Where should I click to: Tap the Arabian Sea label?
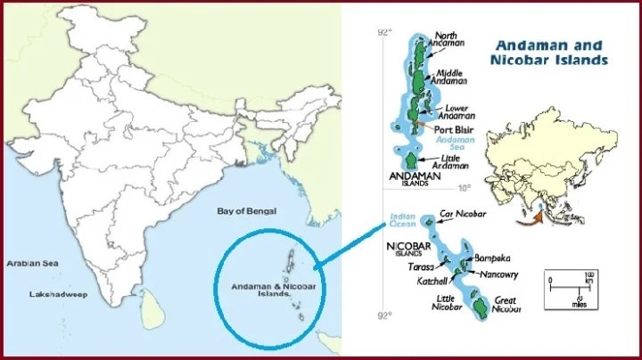pyautogui.click(x=32, y=264)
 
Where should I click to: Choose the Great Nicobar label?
pyautogui.click(x=505, y=305)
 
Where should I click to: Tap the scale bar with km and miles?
pyautogui.click(x=569, y=287)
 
